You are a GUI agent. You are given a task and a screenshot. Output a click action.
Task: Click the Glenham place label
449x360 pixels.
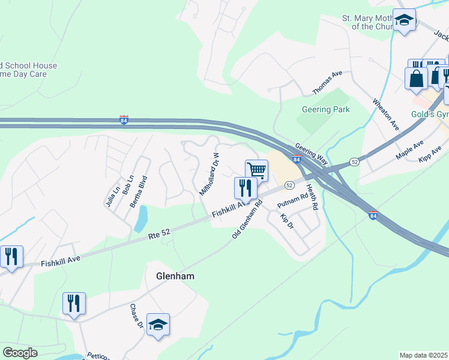tap(176, 277)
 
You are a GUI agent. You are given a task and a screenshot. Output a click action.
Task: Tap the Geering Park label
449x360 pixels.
tap(325, 110)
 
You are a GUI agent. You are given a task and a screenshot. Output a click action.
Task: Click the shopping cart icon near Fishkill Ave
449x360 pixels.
tap(256, 170)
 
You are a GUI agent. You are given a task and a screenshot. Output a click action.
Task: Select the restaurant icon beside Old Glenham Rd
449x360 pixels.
tap(245, 188)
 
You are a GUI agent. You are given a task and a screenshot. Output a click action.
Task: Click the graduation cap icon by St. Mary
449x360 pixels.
tap(404, 20)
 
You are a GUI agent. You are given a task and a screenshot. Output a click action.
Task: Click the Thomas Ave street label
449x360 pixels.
tap(327, 82)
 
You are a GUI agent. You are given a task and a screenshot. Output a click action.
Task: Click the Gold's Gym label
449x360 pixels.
tap(430, 114)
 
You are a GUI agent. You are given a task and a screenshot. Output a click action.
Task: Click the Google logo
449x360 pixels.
tap(20, 353)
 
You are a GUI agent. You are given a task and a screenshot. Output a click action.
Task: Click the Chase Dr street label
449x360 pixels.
tap(136, 315)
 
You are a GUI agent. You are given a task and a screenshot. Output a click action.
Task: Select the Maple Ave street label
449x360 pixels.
tap(410, 150)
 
